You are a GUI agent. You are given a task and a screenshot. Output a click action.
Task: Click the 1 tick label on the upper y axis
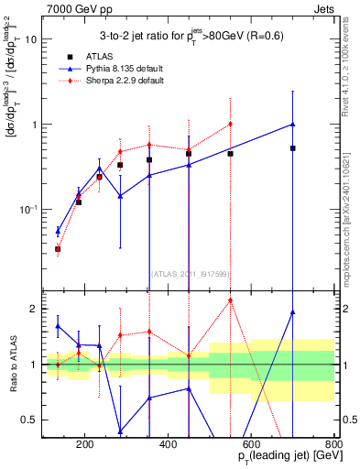[x=33, y=125]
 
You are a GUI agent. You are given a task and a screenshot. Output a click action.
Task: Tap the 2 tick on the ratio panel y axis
[x=33, y=309]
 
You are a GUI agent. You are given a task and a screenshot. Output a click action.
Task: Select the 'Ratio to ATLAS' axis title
[x=11, y=365]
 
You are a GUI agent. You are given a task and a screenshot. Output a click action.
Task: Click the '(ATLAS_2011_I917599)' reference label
[x=189, y=273]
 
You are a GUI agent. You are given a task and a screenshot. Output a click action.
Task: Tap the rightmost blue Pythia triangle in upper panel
[x=293, y=124]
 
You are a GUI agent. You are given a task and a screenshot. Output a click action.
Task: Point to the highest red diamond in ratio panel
[x=231, y=300]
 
